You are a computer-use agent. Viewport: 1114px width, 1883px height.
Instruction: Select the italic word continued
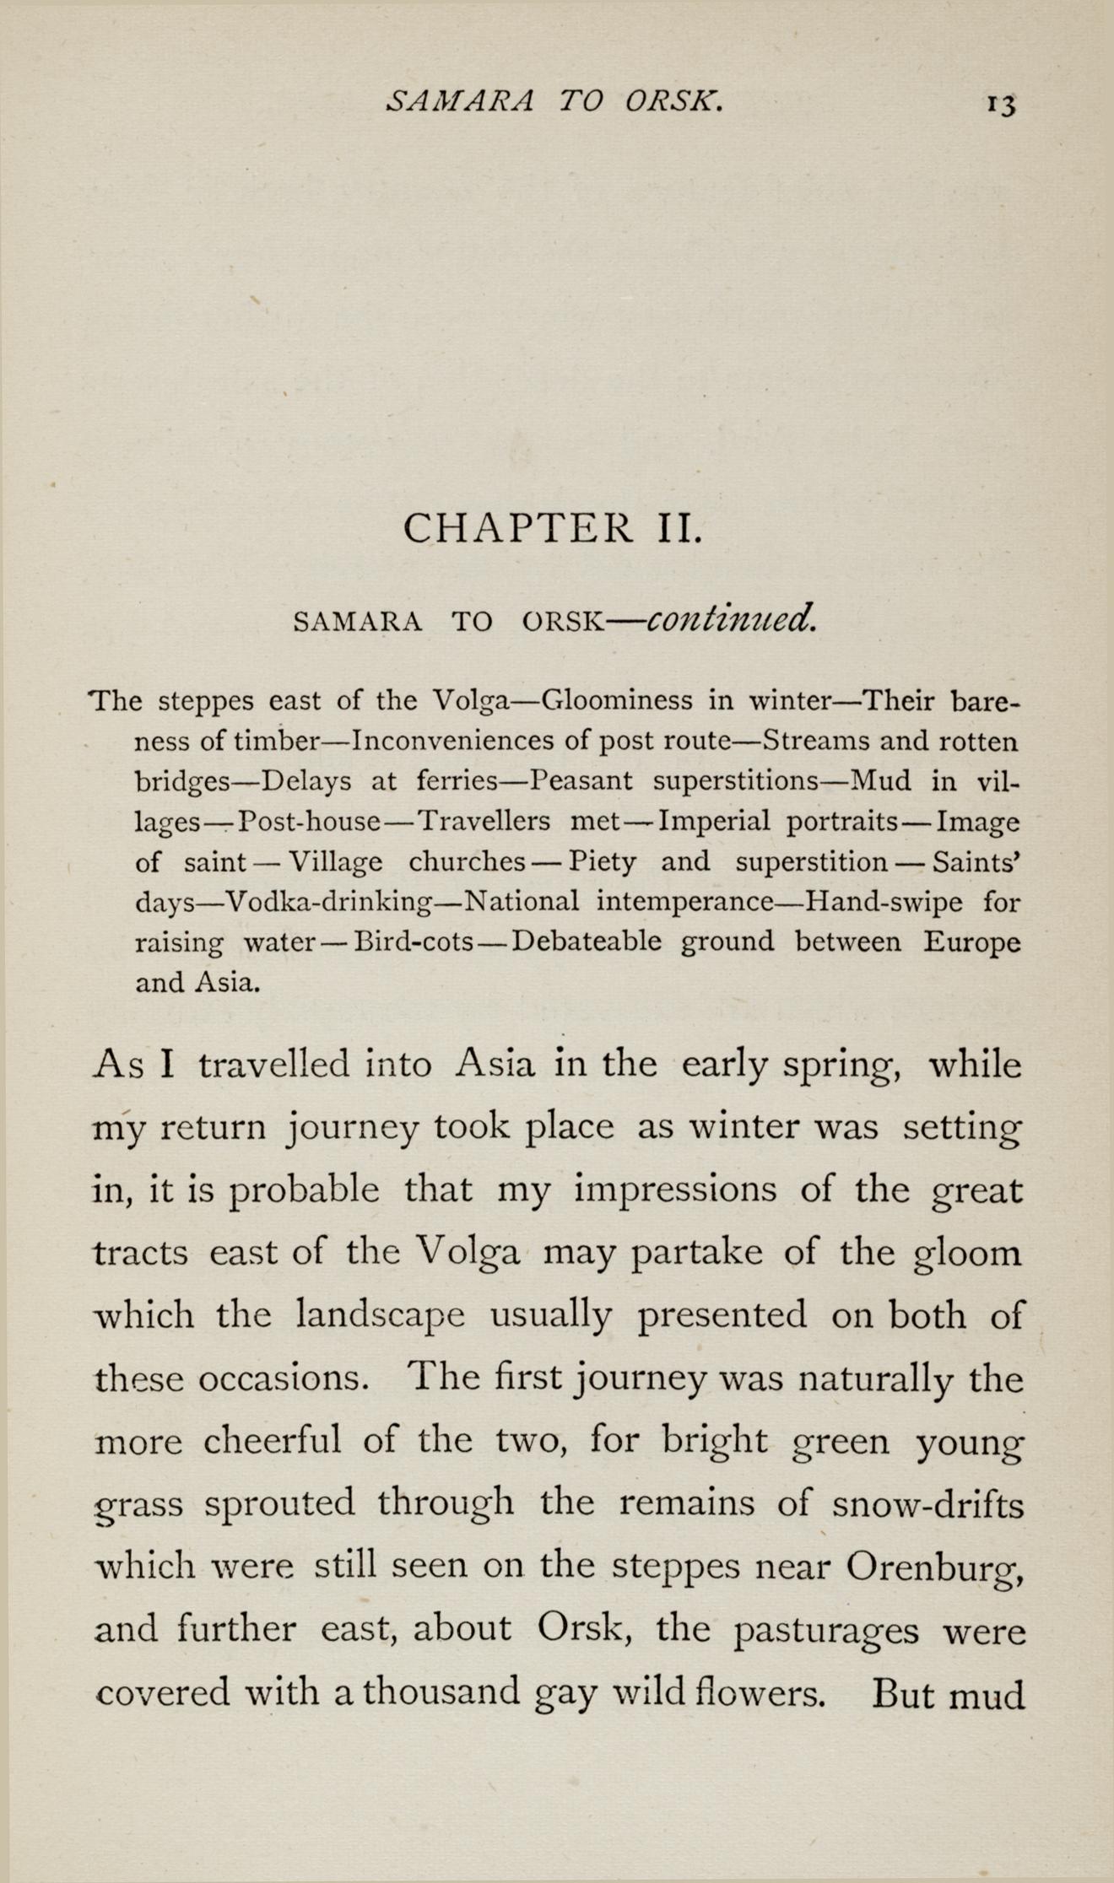click(731, 620)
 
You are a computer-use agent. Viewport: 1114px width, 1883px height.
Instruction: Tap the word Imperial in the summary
click(714, 820)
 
